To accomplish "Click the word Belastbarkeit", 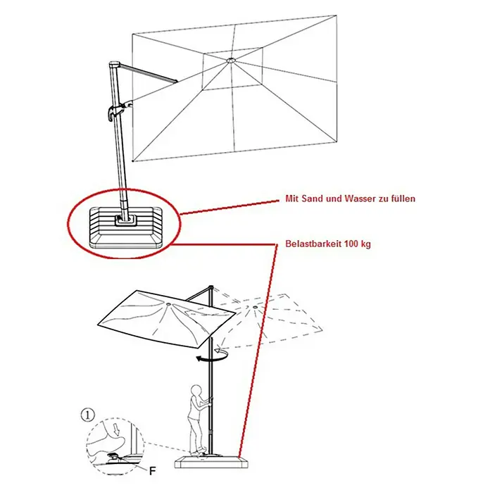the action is pyautogui.click(x=313, y=244).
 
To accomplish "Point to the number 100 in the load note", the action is pyautogui.click(x=352, y=244).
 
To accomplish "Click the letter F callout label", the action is pyautogui.click(x=153, y=470).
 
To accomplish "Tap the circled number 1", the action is pyautogui.click(x=87, y=415).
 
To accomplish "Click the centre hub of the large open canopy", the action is pyautogui.click(x=232, y=60).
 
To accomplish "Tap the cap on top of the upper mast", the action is pyautogui.click(x=114, y=65).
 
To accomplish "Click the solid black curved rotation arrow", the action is pyautogui.click(x=212, y=356).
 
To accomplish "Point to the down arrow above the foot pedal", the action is pyautogui.click(x=117, y=430).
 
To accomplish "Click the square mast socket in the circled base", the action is pyautogui.click(x=125, y=220).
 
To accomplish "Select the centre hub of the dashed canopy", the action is pyautogui.click(x=255, y=308).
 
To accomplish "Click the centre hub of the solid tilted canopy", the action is pyautogui.click(x=168, y=303).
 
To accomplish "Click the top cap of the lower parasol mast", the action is pyautogui.click(x=211, y=287).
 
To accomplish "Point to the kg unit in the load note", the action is pyautogui.click(x=366, y=244).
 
